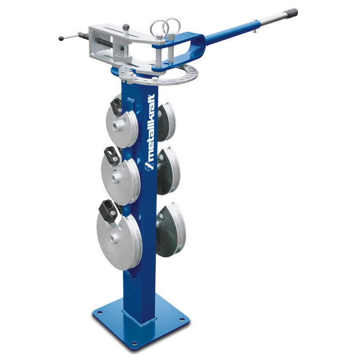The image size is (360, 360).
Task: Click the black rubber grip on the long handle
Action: click(291, 13)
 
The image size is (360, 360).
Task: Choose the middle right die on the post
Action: click(168, 171)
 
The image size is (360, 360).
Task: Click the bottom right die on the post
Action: click(171, 229)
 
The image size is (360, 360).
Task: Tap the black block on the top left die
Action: click(117, 106)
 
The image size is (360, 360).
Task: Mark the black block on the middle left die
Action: click(112, 155)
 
